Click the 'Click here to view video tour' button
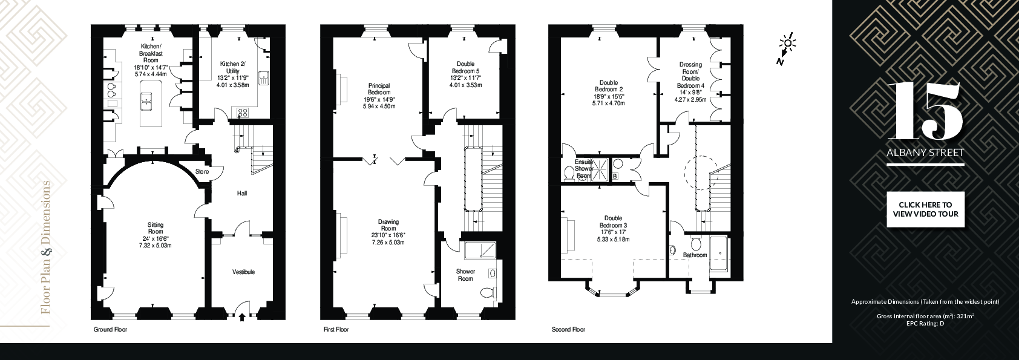(x=925, y=209)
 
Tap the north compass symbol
(x=785, y=48)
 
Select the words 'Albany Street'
(x=925, y=153)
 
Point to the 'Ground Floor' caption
(x=110, y=330)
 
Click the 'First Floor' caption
(x=336, y=330)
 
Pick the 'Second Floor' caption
(x=568, y=330)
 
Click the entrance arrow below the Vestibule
(x=241, y=316)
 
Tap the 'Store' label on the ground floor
(x=202, y=172)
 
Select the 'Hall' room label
(x=242, y=194)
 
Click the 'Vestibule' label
(x=243, y=272)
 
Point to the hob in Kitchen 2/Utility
(x=243, y=113)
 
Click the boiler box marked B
(x=615, y=176)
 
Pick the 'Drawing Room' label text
(x=388, y=225)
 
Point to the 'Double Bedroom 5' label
(x=465, y=68)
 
